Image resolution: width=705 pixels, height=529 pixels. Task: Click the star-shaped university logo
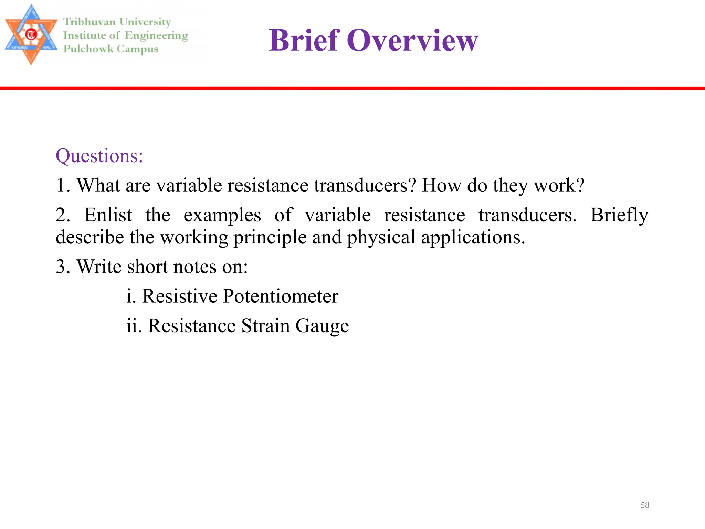31,35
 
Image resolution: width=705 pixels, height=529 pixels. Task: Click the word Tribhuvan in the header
89,22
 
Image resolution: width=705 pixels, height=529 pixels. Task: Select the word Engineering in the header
156,36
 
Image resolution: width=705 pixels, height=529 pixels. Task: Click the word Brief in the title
304,40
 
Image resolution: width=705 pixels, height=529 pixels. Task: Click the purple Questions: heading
99,156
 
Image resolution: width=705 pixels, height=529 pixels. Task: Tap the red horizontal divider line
352,88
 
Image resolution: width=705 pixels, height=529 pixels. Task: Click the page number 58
645,505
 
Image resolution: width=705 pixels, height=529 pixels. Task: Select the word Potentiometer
281,296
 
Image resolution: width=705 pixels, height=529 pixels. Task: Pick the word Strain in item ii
265,326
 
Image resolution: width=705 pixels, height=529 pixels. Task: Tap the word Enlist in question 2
108,215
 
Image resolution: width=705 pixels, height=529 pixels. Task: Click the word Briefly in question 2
619,215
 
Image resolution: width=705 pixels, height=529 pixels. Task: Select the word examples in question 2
222,215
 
